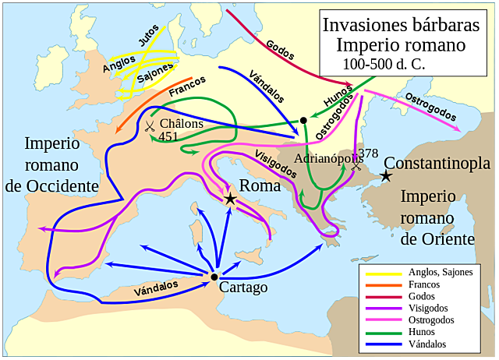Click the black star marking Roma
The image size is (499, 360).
pyautogui.click(x=230, y=199)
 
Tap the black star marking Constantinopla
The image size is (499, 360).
pyautogui.click(x=385, y=177)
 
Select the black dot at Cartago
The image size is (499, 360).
pyautogui.click(x=214, y=277)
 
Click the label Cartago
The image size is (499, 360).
pyautogui.click(x=243, y=288)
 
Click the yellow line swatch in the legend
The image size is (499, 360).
pyautogui.click(x=382, y=273)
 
